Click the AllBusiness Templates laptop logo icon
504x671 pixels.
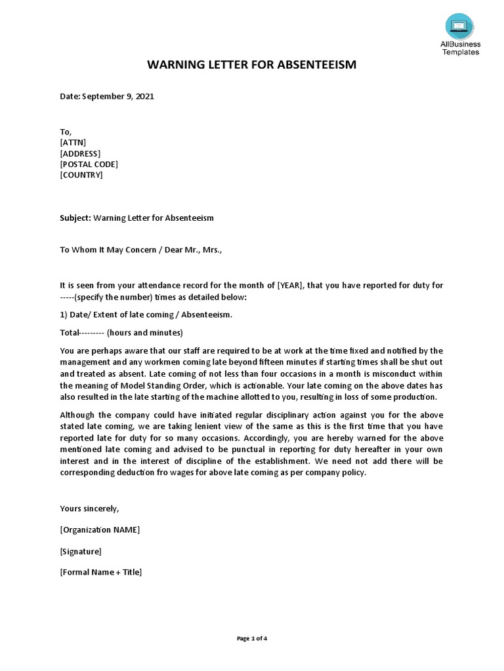point(459,26)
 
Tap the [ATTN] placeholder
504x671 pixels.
point(73,142)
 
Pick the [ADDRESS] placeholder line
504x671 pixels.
point(80,153)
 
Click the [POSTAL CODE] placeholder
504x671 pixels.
point(89,164)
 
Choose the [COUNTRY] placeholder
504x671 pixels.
point(81,175)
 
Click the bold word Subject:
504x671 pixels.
point(75,218)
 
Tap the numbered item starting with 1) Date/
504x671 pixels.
point(145,315)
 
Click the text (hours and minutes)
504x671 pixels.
point(144,332)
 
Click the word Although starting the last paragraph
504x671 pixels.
point(79,415)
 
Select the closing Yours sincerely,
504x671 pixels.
point(90,508)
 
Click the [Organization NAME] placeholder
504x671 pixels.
point(100,529)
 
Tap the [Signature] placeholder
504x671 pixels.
point(81,551)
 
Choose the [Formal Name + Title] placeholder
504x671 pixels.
point(100,572)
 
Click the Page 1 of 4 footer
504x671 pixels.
point(252,639)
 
